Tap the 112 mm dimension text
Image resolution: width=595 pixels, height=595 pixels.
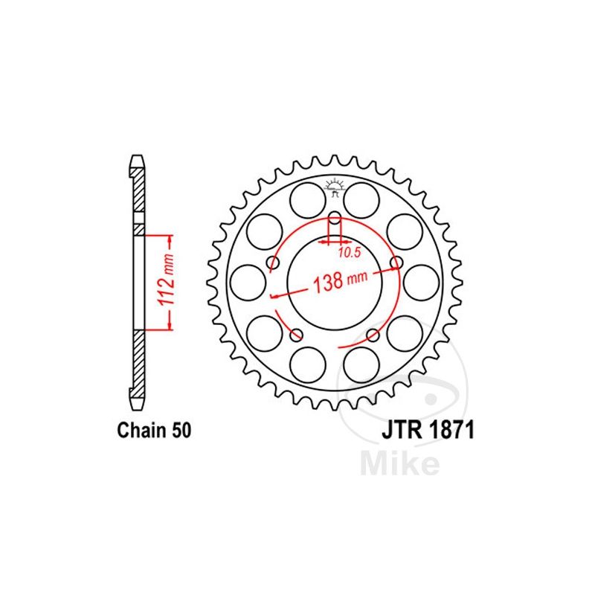click(x=167, y=281)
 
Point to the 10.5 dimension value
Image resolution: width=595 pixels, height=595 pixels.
click(x=349, y=253)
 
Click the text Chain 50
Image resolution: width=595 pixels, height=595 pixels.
click(x=154, y=431)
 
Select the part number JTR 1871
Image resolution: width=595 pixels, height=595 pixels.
click(x=428, y=431)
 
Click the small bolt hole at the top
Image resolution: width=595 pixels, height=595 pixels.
click(x=335, y=218)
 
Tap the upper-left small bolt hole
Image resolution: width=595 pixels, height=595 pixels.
click(x=273, y=263)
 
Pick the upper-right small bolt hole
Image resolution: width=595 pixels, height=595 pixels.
click(x=396, y=263)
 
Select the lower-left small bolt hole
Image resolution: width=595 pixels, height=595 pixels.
click(x=296, y=335)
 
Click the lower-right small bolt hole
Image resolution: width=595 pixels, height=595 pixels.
click(x=373, y=335)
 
